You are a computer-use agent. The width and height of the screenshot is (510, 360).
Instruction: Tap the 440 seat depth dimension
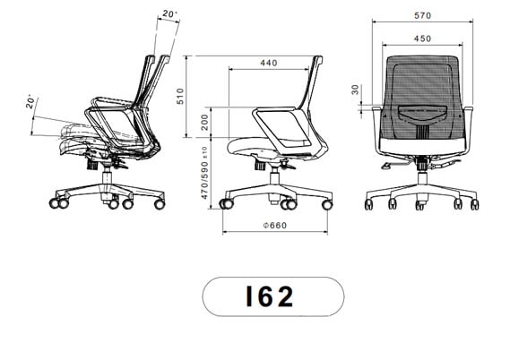(x=267, y=64)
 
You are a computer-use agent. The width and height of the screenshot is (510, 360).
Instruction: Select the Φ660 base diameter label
(x=273, y=225)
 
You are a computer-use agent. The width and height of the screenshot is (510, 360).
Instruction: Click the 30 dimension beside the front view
(x=355, y=90)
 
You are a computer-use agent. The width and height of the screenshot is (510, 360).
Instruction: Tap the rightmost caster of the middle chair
(x=326, y=206)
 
